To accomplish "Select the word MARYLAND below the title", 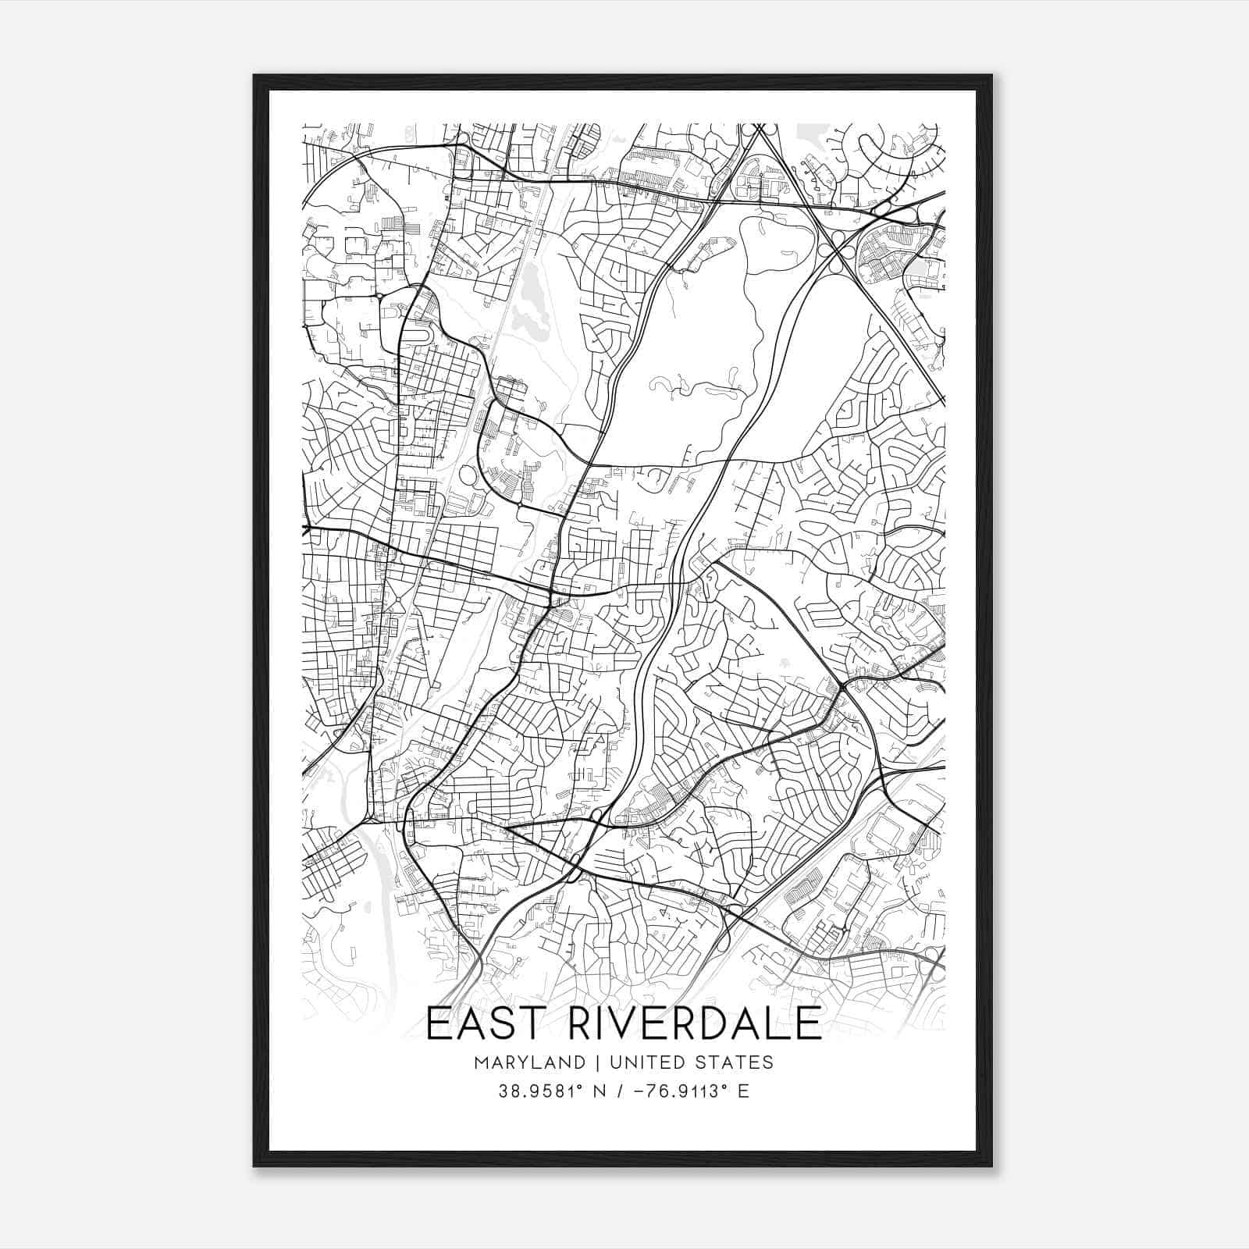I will tap(529, 1062).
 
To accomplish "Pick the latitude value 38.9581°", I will tap(542, 1091).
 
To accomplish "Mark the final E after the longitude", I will tap(743, 1091).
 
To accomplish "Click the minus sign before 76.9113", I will tap(640, 1091).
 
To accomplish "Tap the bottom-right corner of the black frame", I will tap(991, 1165).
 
